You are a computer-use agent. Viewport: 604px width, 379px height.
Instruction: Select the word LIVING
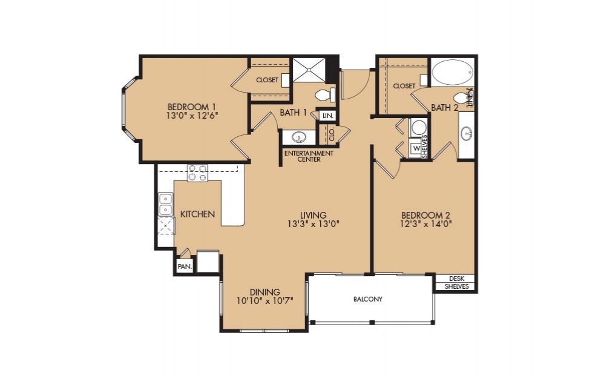(x=313, y=215)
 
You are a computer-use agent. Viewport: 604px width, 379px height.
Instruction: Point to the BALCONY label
(x=368, y=300)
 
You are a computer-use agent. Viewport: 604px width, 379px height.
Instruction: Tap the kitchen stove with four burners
(x=197, y=173)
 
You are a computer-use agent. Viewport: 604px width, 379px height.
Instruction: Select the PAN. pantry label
(x=184, y=266)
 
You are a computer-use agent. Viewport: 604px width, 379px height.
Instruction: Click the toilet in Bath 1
(x=326, y=94)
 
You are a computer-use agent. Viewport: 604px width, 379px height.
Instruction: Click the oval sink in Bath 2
(x=466, y=133)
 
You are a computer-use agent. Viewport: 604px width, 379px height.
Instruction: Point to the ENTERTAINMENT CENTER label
(x=309, y=156)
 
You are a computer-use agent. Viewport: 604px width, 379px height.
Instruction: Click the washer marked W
(x=416, y=147)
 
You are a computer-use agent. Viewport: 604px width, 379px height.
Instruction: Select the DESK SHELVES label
(x=457, y=283)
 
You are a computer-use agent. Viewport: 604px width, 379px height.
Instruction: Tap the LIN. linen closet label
(x=328, y=115)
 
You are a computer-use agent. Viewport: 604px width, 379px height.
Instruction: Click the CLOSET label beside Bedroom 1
(x=267, y=80)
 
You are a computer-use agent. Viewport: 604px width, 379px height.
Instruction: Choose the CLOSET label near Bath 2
(x=404, y=86)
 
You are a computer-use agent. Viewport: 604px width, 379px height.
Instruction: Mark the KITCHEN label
(x=198, y=214)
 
